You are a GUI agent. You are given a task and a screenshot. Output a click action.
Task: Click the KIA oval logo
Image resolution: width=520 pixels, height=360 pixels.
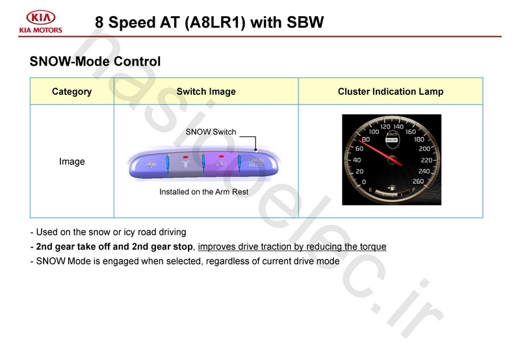tap(41, 18)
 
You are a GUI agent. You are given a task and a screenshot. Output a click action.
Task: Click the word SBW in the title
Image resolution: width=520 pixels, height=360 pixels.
tap(305, 22)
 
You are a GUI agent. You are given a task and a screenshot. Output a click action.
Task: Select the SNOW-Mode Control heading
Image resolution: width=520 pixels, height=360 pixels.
tap(95, 61)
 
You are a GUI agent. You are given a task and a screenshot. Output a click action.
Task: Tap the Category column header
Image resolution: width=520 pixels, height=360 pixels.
tap(71, 92)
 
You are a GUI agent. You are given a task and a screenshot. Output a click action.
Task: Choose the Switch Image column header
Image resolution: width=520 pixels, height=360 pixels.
tap(206, 92)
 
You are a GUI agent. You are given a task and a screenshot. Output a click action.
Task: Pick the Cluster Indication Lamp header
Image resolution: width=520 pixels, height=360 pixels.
tap(391, 92)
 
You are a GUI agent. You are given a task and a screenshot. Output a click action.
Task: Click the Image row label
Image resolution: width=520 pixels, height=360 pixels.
tap(72, 161)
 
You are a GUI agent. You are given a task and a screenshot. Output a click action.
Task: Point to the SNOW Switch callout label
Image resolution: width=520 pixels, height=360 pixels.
tap(211, 132)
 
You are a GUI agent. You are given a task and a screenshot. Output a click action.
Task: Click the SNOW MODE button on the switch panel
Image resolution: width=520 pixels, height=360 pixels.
tap(257, 163)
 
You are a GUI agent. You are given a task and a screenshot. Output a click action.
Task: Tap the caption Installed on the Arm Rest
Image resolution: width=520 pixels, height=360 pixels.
tap(203, 192)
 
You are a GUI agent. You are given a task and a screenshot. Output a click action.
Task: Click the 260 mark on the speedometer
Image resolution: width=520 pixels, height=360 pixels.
tap(418, 181)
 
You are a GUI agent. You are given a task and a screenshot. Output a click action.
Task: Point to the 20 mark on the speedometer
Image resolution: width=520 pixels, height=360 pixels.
tap(359, 172)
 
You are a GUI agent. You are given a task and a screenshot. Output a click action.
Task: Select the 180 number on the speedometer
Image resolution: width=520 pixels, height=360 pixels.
tap(419, 140)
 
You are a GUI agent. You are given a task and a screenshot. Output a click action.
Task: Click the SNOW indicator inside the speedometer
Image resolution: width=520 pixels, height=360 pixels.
tap(392, 140)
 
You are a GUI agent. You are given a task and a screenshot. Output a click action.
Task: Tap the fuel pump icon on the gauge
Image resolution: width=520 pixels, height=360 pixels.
tap(392, 188)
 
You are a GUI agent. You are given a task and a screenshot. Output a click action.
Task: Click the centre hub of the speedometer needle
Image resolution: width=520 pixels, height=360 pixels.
tap(392, 160)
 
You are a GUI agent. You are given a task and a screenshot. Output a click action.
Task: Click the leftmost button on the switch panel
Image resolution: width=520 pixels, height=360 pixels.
tap(148, 165)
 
